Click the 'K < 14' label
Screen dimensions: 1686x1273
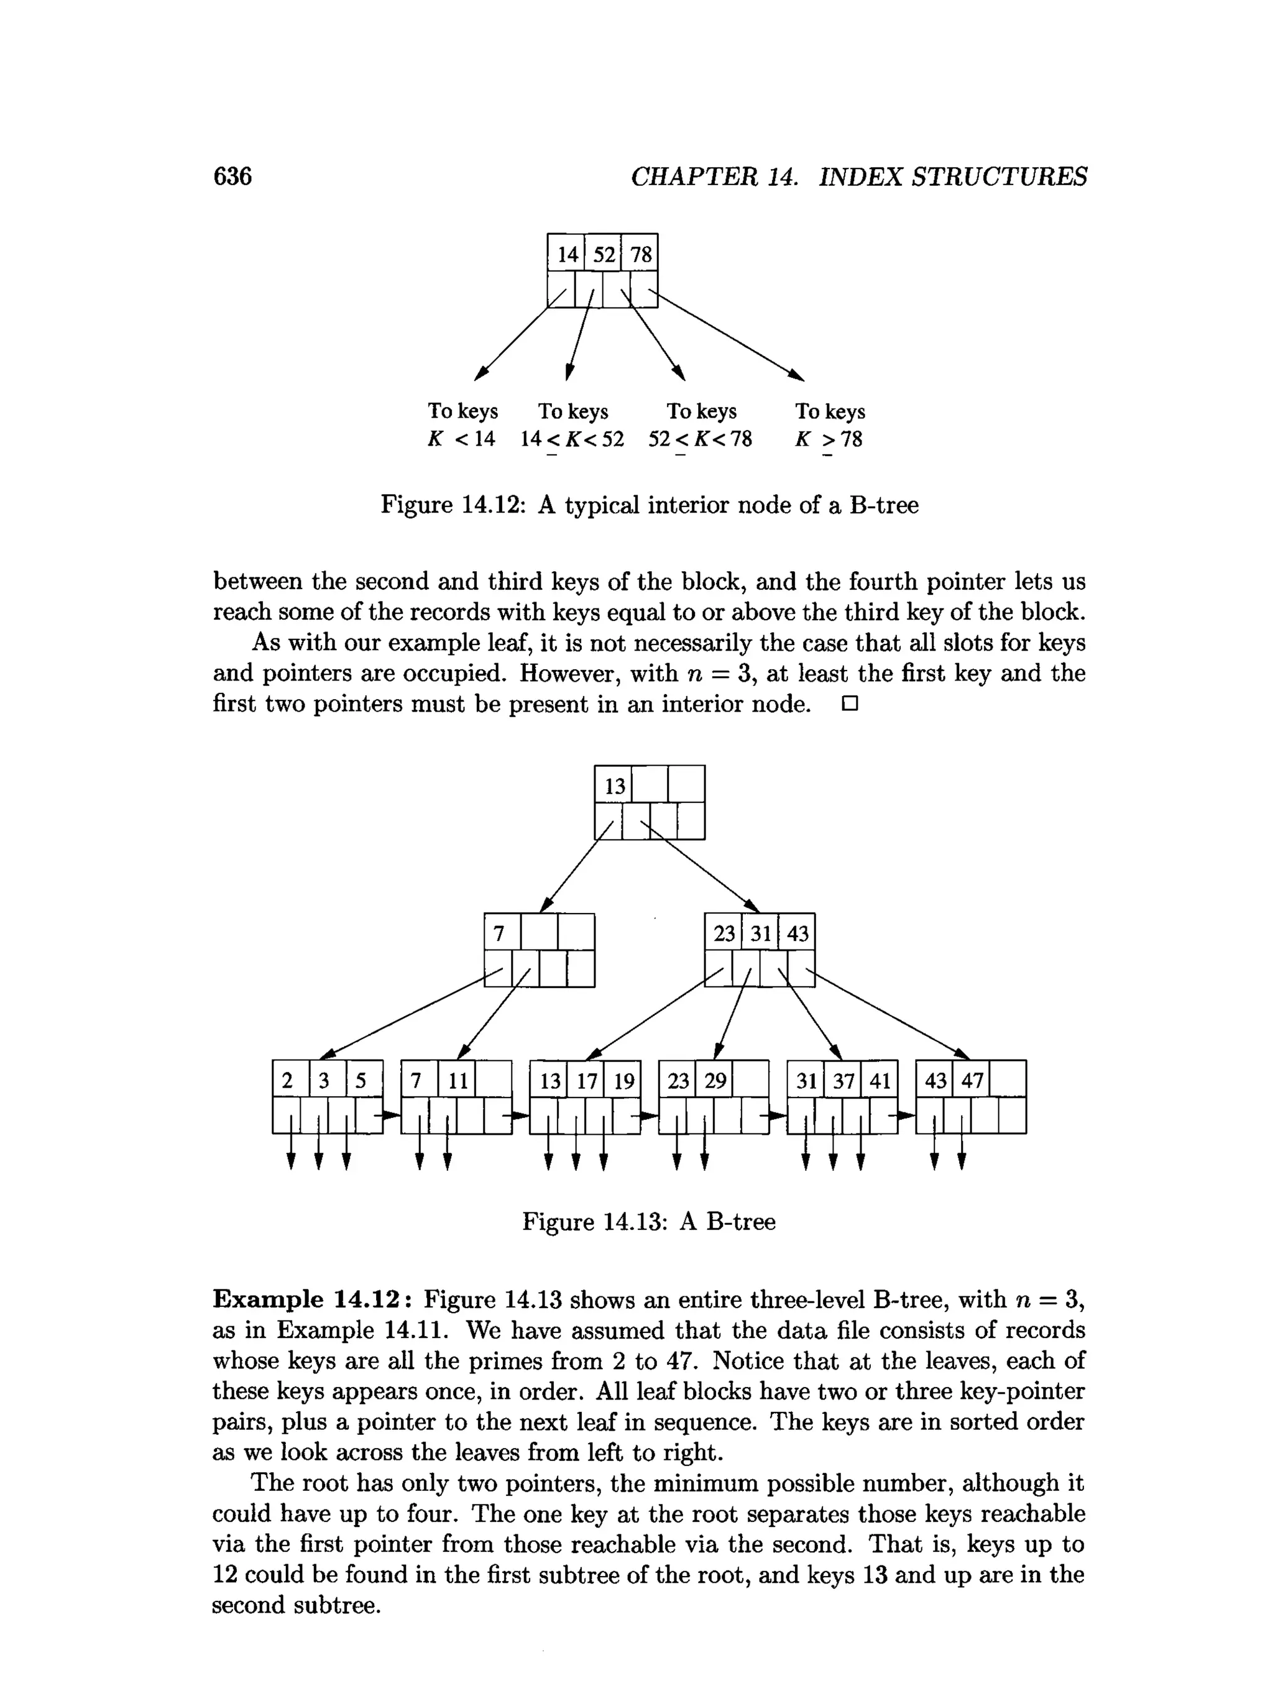click(461, 439)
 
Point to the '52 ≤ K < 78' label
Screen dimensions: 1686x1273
click(700, 439)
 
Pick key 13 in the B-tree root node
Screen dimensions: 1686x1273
click(614, 786)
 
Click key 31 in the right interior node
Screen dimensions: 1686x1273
click(761, 933)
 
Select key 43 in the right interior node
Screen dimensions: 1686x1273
click(797, 933)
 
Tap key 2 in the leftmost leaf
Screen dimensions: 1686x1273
click(287, 1080)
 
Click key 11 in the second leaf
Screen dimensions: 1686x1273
click(457, 1080)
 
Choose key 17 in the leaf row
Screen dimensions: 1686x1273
click(586, 1080)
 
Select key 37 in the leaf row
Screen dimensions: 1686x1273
click(843, 1080)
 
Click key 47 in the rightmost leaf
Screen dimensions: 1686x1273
click(972, 1080)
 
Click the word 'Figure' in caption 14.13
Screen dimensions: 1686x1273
click(558, 1222)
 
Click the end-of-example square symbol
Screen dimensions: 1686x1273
click(850, 703)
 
